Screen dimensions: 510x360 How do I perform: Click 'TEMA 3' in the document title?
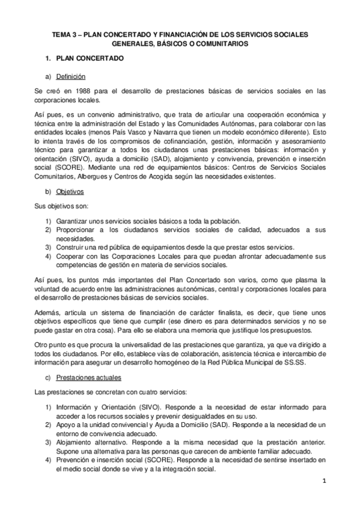tap(61, 35)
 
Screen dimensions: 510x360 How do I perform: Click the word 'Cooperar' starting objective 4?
tap(71, 257)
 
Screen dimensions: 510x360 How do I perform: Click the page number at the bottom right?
tap(323, 481)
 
